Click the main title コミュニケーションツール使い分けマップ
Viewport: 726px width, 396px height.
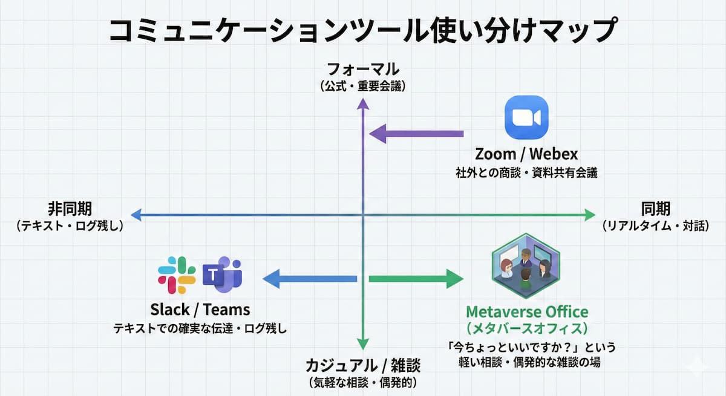(x=363, y=30)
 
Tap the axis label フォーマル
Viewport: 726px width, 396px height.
(x=362, y=68)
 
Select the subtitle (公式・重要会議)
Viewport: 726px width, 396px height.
(x=362, y=86)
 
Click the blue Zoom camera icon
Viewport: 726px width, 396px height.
(x=526, y=117)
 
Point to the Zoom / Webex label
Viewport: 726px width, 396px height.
(x=526, y=154)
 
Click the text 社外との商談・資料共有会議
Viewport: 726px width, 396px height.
(x=526, y=173)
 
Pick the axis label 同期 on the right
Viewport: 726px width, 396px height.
(x=655, y=209)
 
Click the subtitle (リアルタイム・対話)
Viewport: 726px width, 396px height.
(x=655, y=226)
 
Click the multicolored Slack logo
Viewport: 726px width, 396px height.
(x=177, y=275)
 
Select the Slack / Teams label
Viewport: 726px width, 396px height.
(x=200, y=310)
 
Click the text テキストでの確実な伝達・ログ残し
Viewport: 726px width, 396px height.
(x=200, y=329)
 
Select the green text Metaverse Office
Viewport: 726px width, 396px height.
(x=526, y=312)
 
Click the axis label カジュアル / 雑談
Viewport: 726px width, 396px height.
(x=362, y=365)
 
